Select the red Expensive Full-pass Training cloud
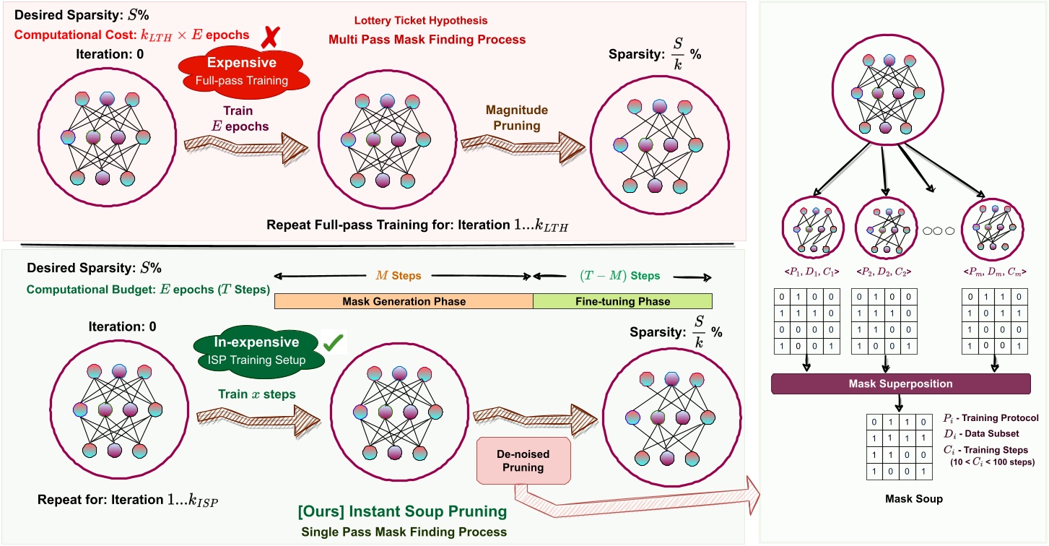[x=243, y=71]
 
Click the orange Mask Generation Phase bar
[x=404, y=301]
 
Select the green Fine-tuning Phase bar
[x=622, y=301]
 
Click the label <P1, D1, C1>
[x=811, y=272]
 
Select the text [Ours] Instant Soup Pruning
[x=402, y=512]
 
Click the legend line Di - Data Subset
[x=980, y=433]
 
